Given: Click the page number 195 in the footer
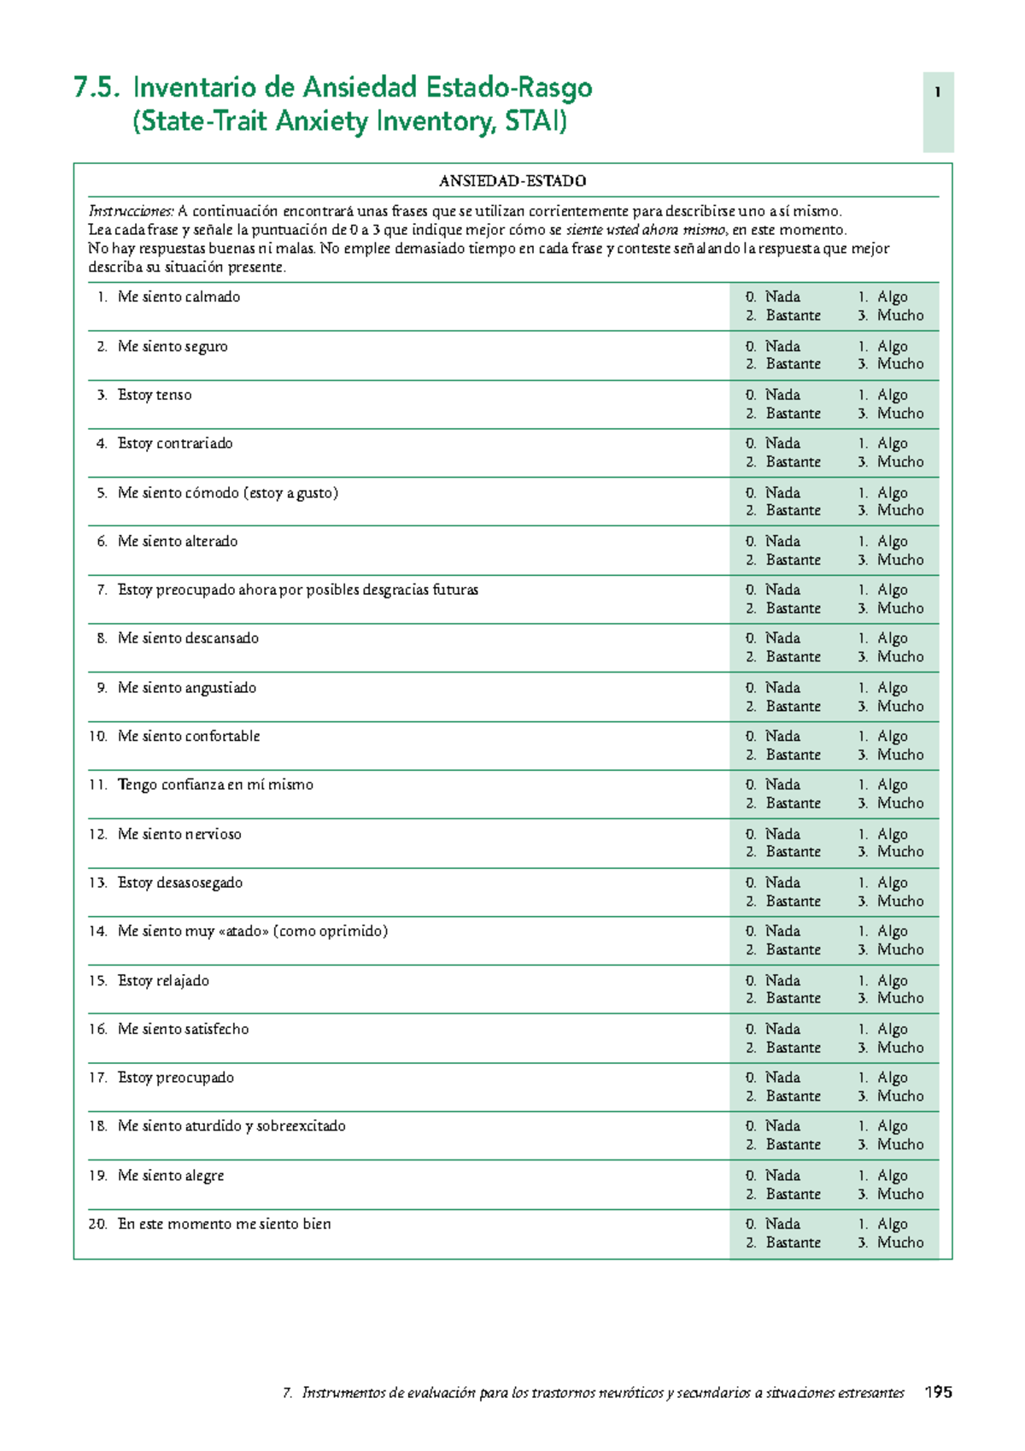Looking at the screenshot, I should coord(938,1392).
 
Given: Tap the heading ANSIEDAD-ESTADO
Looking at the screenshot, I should coord(512,181).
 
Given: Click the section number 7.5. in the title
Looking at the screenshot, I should coord(97,88).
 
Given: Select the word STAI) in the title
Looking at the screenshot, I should coord(536,121).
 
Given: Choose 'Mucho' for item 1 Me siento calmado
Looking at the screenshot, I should coord(900,315).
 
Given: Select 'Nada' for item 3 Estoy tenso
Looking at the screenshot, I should coord(782,395).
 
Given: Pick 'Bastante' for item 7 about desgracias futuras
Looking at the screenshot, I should coord(793,608).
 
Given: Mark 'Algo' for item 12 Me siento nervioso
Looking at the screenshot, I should coord(892,834).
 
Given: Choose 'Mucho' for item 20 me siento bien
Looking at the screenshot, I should coord(900,1242).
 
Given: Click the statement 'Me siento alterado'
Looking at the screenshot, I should coord(178,542).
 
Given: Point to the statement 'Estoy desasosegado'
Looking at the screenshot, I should coord(180,883).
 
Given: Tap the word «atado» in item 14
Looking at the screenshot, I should coord(243,931).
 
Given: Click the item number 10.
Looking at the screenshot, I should coord(97,737).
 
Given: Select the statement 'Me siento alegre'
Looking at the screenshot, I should coord(171,1176).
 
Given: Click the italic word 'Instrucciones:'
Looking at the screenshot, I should coord(131,211).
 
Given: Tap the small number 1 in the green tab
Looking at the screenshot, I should coord(938,92).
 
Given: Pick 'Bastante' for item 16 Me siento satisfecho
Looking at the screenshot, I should coord(793,1048).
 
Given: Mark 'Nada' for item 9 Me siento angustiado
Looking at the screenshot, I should coord(782,688).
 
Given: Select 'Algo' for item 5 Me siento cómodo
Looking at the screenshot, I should coord(892,493).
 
